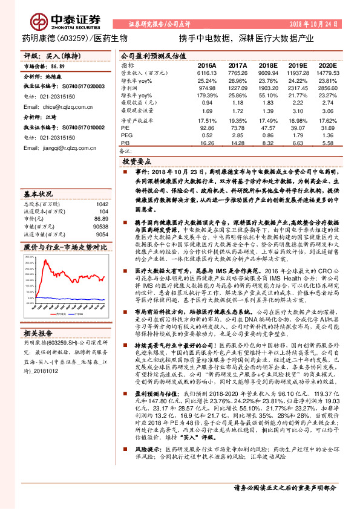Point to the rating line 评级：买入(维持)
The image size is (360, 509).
(45, 55)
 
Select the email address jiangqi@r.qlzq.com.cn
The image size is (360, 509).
(62, 147)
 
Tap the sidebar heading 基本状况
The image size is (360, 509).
(38, 195)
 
